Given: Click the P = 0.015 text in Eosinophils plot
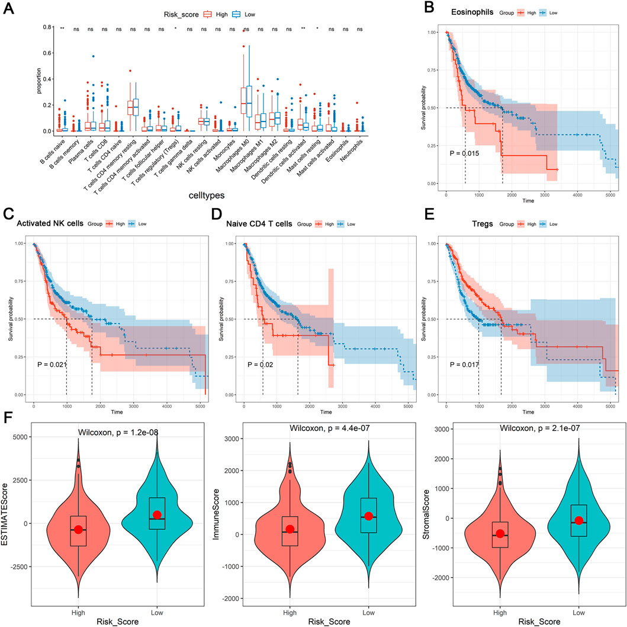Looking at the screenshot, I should coord(465,154).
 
